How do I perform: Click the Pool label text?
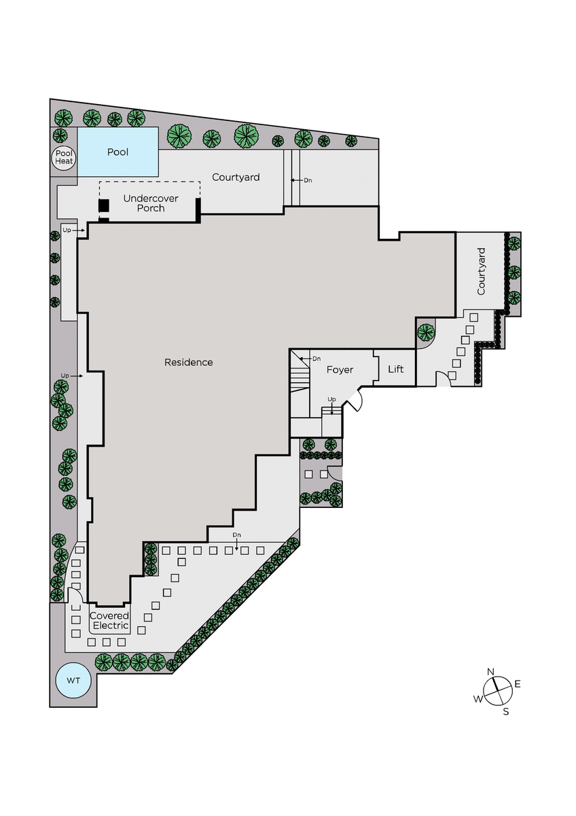[x=118, y=152]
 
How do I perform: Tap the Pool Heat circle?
[x=64, y=158]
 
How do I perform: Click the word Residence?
[x=188, y=362]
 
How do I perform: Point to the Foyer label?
[x=340, y=370]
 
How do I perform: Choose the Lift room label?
[x=395, y=369]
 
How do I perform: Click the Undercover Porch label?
[x=151, y=203]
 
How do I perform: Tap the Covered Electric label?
[x=109, y=620]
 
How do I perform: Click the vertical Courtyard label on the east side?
[x=481, y=271]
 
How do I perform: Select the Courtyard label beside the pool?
[x=236, y=177]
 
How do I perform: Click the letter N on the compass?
[x=490, y=672]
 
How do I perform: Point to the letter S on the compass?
[x=506, y=711]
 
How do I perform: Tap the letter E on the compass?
[x=518, y=684]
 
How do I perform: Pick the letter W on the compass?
[x=478, y=699]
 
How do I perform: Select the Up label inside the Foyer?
[x=332, y=400]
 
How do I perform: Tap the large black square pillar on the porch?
[x=104, y=206]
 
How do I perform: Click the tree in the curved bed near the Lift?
[x=426, y=332]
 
